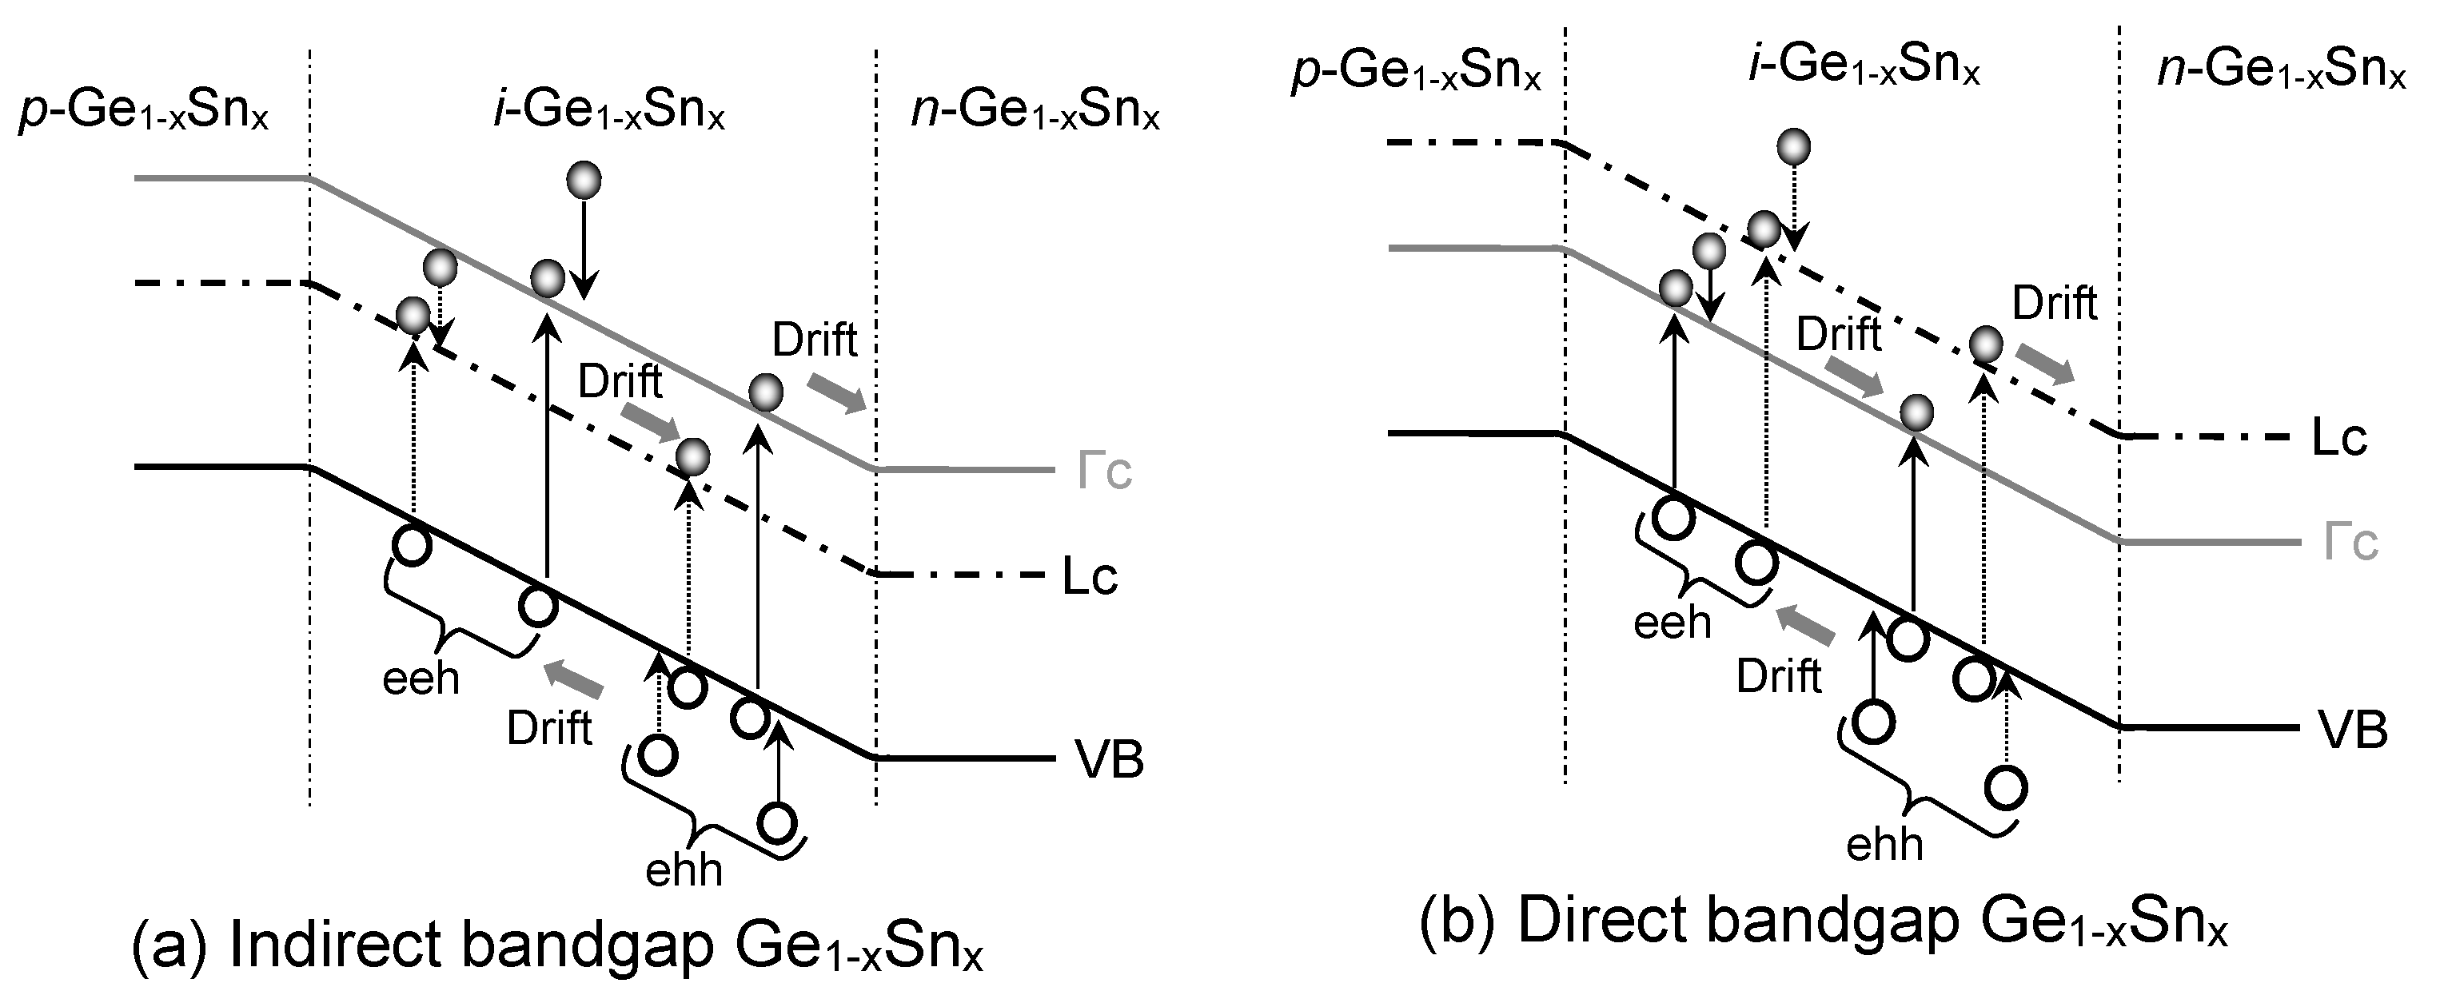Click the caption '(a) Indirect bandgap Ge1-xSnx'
(x=557, y=946)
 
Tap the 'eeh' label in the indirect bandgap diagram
(x=421, y=679)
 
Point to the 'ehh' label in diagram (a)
(x=684, y=870)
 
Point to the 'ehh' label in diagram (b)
(x=1885, y=844)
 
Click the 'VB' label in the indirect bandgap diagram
(x=1109, y=759)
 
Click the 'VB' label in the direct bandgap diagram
(x=2353, y=730)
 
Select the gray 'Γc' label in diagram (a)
(x=1104, y=471)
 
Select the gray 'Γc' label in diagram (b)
(x=2350, y=543)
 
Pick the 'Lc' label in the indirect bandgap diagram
(x=1089, y=576)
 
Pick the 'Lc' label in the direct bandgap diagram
(x=2338, y=438)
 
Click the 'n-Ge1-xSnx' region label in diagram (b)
(x=2281, y=70)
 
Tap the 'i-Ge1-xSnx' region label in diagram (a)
(x=608, y=112)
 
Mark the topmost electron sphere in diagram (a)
(x=584, y=180)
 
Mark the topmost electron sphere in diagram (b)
(x=1794, y=147)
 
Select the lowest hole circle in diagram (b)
(x=2006, y=788)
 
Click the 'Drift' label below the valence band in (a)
(x=549, y=728)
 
